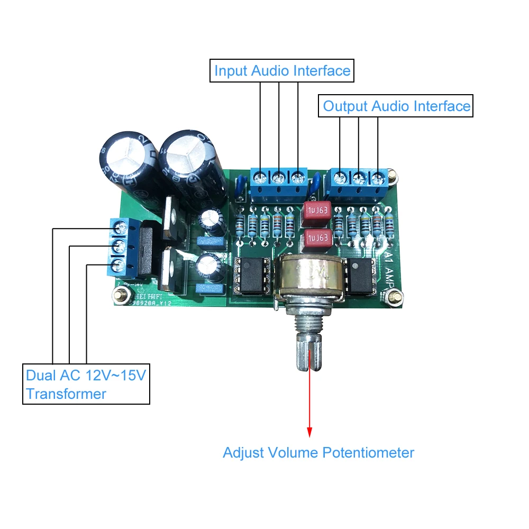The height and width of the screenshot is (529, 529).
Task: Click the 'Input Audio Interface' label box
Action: pyautogui.click(x=282, y=70)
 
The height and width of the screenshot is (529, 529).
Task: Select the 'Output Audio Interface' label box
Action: pyautogui.click(x=396, y=106)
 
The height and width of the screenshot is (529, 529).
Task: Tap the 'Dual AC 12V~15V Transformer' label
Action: pyautogui.click(x=86, y=384)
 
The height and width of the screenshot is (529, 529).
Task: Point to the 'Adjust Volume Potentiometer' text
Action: pyautogui.click(x=318, y=453)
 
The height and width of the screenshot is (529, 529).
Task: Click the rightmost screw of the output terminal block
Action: pyautogui.click(x=378, y=177)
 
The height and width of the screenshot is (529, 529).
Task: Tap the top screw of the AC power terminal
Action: pyautogui.click(x=120, y=228)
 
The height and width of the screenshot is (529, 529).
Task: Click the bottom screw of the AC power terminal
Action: pyautogui.click(x=118, y=264)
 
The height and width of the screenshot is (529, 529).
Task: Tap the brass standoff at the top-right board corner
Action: pyautogui.click(x=391, y=174)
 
